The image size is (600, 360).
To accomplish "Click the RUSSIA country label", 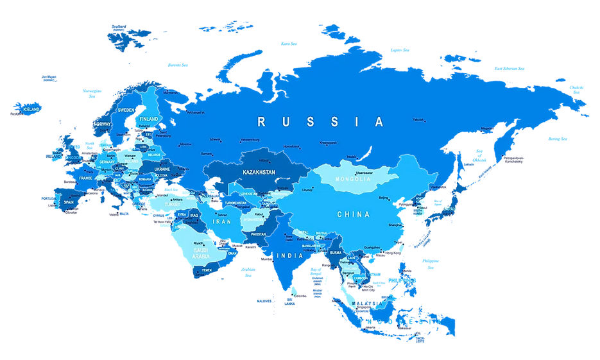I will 320,121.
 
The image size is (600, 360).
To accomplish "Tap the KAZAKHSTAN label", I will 259,173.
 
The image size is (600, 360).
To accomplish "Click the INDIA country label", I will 289,255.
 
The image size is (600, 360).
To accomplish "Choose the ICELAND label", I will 31,109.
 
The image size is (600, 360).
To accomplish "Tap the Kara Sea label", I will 289,44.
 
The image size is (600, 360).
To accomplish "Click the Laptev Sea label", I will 400,49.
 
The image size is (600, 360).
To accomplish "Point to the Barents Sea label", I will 178,65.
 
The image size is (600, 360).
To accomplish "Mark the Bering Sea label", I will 557,139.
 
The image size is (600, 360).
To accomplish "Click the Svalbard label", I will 119,28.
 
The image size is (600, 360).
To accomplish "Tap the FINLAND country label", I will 149,119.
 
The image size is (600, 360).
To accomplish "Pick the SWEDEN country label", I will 126,110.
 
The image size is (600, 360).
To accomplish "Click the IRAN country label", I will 221,221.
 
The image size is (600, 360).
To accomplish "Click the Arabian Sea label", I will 248,272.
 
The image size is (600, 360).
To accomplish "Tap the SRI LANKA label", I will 289,302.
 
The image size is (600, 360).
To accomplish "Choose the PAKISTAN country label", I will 258,234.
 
